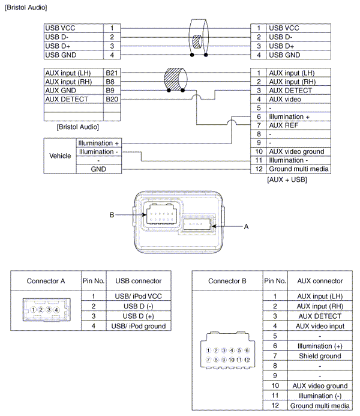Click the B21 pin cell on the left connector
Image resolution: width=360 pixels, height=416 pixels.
coord(112,73)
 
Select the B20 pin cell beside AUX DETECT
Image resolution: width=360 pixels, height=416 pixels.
coord(112,99)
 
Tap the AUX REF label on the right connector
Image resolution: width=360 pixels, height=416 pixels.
coord(284,125)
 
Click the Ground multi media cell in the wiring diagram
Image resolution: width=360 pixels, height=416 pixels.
coord(298,169)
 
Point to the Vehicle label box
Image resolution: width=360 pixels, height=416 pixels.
coord(59,155)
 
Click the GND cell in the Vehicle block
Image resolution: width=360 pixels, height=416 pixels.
coord(98,169)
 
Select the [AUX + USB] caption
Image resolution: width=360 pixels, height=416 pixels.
coord(286,179)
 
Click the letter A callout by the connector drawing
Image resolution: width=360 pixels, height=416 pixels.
coord(246,227)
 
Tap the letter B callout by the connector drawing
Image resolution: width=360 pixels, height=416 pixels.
coord(112,214)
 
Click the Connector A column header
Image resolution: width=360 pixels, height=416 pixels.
coord(46,280)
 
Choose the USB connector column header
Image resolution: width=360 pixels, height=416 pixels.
coord(138,280)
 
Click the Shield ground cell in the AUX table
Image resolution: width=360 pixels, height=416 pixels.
coord(320,356)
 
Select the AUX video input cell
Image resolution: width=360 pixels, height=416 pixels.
coord(320,326)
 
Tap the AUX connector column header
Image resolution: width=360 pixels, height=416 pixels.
coord(320,280)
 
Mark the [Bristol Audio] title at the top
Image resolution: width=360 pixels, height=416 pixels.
coord(25,7)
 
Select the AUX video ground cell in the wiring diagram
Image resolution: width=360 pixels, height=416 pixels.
coord(296,151)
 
